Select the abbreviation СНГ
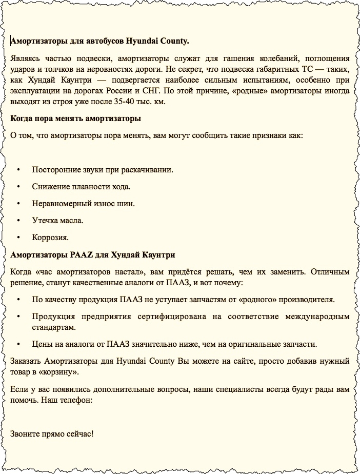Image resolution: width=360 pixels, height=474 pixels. (204, 90)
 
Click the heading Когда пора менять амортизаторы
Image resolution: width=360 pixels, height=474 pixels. (75, 119)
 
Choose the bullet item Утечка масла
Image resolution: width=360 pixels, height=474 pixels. (57, 221)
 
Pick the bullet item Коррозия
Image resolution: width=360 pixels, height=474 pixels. (50, 238)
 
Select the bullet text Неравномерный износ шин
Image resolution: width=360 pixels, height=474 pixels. (83, 204)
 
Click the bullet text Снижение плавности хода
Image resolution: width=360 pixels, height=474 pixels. (81, 187)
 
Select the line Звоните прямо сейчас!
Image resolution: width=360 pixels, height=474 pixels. (52, 434)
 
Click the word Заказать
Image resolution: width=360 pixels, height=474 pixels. (26, 361)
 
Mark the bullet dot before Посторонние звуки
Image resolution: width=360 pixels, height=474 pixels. (18, 170)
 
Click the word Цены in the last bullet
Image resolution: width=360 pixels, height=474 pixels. (41, 344)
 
